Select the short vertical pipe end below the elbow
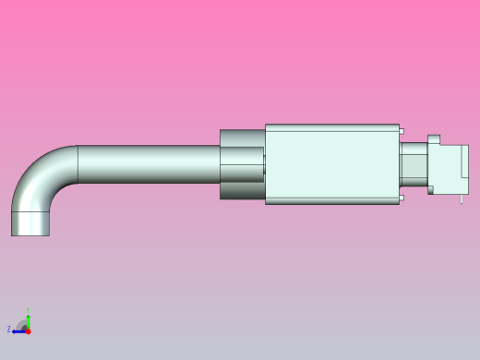(30, 223)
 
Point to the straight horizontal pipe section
(148, 163)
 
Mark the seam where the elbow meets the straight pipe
(78, 163)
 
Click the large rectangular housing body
(332, 163)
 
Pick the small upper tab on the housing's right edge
(402, 131)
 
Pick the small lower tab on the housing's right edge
(402, 198)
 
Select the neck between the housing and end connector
(413, 164)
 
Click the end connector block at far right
(450, 168)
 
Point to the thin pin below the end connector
(462, 198)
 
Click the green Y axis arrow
(28, 320)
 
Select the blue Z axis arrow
(18, 330)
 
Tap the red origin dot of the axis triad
(28, 330)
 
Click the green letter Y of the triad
(28, 311)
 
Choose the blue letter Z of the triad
(9, 330)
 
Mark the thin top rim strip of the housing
(332, 126)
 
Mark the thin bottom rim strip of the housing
(332, 200)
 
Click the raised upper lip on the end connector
(434, 139)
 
